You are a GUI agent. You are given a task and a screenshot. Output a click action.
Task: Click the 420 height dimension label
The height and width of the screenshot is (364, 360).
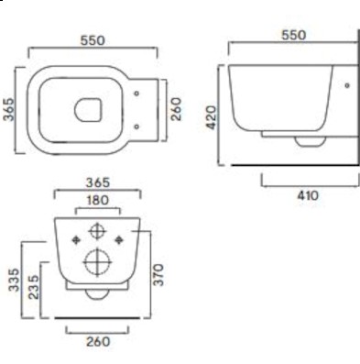tap(211, 117)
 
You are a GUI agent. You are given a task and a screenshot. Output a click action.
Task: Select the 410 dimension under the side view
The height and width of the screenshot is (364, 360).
tap(308, 195)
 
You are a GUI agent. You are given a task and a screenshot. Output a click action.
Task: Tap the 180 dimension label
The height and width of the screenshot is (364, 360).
tap(97, 201)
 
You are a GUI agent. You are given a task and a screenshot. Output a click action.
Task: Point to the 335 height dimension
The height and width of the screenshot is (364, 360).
tap(14, 280)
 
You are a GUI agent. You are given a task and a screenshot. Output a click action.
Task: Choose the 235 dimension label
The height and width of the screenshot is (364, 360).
tap(34, 287)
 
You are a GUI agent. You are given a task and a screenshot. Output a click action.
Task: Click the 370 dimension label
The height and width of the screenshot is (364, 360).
tap(158, 275)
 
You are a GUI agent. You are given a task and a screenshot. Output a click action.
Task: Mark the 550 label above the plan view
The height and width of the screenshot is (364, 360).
tap(93, 40)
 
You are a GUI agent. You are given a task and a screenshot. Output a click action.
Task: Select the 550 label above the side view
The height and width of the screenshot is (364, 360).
tap(293, 35)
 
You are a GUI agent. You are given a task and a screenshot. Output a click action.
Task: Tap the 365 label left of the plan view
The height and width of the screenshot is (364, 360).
tap(8, 109)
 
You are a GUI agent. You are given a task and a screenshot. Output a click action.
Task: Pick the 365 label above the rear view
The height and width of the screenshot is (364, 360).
tap(97, 182)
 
